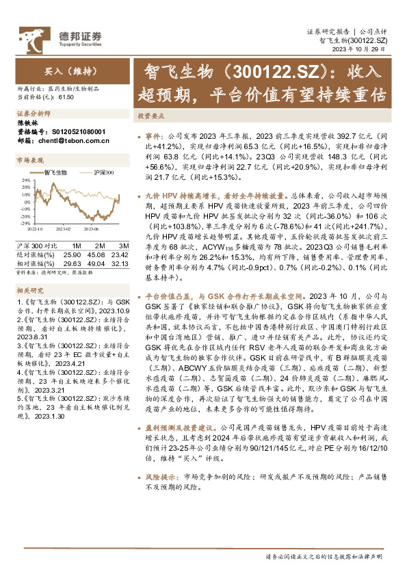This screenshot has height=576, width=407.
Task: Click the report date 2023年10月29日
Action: pos(366,50)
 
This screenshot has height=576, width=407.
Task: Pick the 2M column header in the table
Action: pos(100,245)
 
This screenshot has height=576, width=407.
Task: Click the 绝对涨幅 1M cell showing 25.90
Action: pos(77,254)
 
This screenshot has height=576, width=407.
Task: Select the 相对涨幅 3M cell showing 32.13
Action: pos(120,262)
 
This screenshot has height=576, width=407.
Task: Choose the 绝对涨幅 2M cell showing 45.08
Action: pos(99,254)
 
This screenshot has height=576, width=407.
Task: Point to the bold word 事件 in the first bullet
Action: pos(155,136)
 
